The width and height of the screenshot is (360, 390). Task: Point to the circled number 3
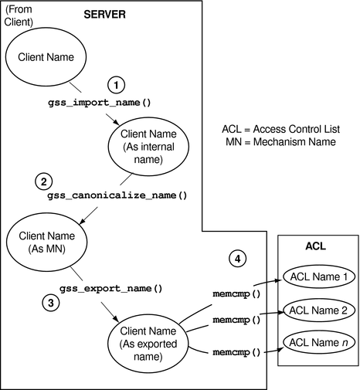50,303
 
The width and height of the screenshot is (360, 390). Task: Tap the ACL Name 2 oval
317,309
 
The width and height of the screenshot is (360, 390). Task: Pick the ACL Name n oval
317,341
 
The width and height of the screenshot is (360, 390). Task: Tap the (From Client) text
21,15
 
